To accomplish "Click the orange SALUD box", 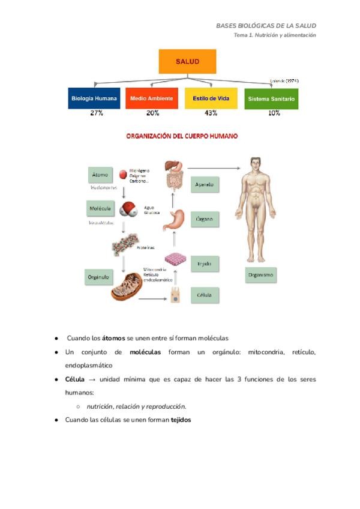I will [x=187, y=62].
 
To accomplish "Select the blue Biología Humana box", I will [x=94, y=98].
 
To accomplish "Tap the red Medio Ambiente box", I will [x=152, y=98].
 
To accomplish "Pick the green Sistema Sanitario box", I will [x=271, y=98].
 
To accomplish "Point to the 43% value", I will [x=211, y=113].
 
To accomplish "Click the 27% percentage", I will [x=97, y=113].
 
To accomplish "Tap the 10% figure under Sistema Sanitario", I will [x=274, y=113].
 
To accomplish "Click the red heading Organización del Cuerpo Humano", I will [x=181, y=136].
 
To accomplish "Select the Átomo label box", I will [x=100, y=175].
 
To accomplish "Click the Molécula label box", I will [x=100, y=208].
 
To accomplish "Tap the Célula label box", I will [x=204, y=295].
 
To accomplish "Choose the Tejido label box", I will [x=204, y=264].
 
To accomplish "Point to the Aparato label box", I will [x=204, y=185].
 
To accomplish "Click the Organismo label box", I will [x=261, y=276].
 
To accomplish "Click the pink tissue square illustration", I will [x=175, y=259].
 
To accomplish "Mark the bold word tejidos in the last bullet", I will [x=181, y=420].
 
